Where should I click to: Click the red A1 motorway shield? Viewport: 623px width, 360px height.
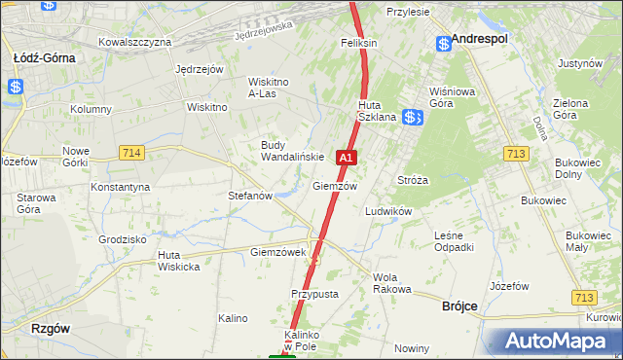[x=346, y=157]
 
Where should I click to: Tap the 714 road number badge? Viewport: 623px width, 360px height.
[x=133, y=153]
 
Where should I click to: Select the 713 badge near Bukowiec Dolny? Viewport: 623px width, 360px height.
[x=517, y=153]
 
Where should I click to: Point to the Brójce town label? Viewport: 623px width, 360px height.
[x=459, y=306]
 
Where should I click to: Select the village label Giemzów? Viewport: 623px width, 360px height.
[x=335, y=185]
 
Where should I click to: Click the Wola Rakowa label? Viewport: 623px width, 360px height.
[x=392, y=283]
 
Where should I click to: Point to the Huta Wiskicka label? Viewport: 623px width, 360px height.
[x=178, y=261]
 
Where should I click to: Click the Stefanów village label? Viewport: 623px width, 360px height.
[x=250, y=196]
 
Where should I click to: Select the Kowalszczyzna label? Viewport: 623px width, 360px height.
[x=135, y=42]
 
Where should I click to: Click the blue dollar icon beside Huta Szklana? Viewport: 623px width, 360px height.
[x=413, y=117]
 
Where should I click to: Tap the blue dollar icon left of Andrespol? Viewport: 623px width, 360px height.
[x=444, y=43]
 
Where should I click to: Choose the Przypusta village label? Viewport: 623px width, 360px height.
[x=313, y=293]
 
